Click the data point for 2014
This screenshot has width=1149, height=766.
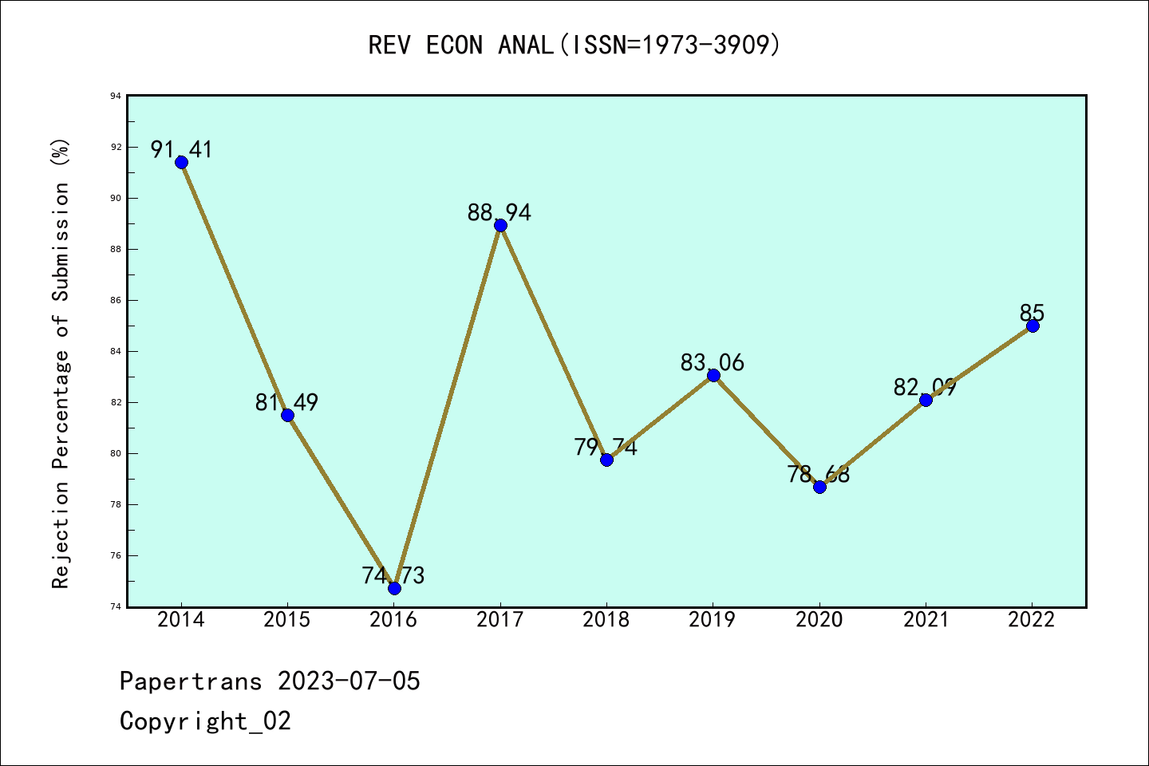pos(181,162)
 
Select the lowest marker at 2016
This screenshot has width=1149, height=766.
pos(394,588)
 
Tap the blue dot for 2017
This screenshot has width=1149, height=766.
pos(500,225)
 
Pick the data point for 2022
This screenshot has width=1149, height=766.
pos(1033,326)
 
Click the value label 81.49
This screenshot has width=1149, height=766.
pos(286,403)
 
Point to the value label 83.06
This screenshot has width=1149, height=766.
pos(712,363)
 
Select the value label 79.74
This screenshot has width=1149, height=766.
pos(606,447)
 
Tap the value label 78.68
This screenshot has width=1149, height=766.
pos(818,474)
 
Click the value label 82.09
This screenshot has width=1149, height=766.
pos(925,388)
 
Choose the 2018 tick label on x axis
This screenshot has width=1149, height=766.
pos(606,620)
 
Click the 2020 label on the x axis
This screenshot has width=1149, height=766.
pos(819,620)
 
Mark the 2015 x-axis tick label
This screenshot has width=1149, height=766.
pos(287,620)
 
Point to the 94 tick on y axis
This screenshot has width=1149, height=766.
pos(116,97)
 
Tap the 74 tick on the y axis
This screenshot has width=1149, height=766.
pos(116,607)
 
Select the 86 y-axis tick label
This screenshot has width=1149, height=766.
pos(116,301)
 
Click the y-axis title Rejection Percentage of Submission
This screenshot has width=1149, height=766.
pos(61,364)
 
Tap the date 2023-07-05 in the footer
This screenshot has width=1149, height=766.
pos(349,681)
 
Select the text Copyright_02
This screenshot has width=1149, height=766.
pos(205,721)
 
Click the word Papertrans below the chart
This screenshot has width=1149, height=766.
pos(191,681)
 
